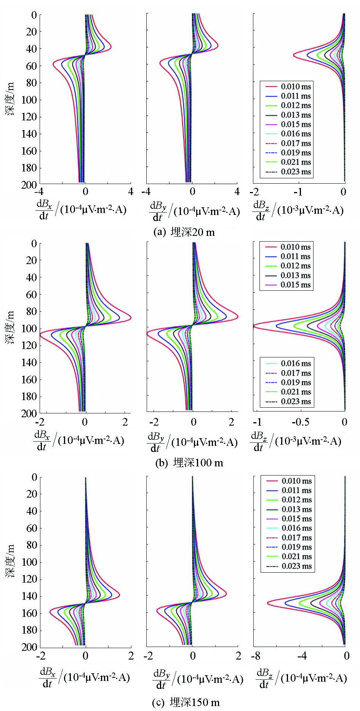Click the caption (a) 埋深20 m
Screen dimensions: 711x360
click(x=184, y=232)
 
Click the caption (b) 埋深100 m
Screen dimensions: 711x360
click(x=189, y=463)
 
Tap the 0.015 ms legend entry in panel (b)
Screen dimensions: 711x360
click(x=288, y=285)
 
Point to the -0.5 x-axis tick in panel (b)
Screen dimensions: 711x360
click(x=301, y=422)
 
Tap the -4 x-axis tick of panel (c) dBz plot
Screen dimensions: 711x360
click(x=301, y=656)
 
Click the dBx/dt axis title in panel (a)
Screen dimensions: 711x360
click(x=81, y=210)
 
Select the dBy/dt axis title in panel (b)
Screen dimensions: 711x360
click(x=192, y=442)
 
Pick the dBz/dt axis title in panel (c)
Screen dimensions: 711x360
click(x=301, y=679)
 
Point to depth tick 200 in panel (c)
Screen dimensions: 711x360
click(x=29, y=647)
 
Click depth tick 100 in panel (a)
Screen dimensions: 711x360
click(x=29, y=100)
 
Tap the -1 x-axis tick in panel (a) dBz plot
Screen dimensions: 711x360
click(x=299, y=192)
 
